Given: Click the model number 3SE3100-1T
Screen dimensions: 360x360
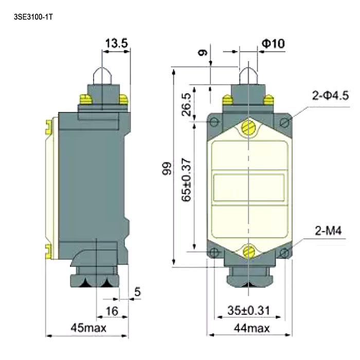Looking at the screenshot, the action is point(33,17).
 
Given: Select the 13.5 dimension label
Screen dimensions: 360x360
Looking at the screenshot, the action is point(116,43).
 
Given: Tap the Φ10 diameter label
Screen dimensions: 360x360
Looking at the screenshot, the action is point(273,43).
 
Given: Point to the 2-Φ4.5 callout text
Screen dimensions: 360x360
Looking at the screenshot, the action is point(330,95).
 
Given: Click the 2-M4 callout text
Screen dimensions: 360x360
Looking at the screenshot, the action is point(328,230).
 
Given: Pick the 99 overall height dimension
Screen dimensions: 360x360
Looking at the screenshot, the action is point(167,169).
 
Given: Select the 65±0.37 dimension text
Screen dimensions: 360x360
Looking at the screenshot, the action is point(186,180).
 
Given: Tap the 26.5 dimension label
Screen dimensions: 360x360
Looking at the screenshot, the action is point(186,104).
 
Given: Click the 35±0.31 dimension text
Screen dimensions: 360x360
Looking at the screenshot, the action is point(248,310).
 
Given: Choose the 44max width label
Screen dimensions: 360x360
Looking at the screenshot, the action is point(251,328).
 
